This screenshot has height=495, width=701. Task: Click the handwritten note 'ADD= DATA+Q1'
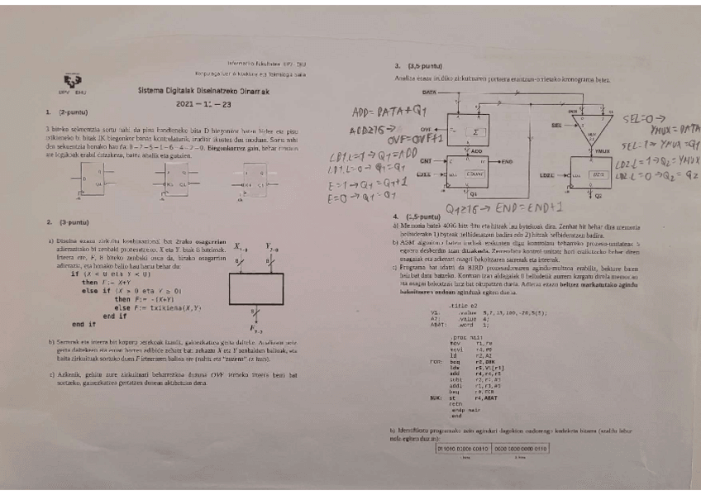(386, 112)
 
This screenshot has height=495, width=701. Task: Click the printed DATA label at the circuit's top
(429, 92)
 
